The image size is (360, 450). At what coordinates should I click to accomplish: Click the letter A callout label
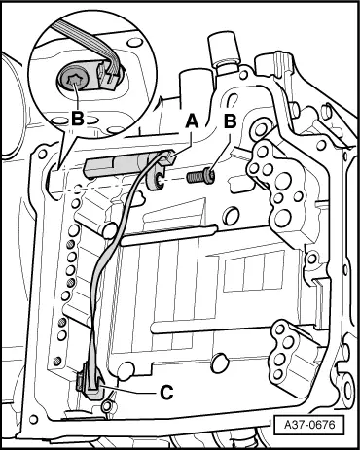(x=192, y=122)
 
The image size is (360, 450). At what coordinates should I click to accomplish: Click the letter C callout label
(x=167, y=393)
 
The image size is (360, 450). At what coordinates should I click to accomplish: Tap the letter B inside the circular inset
(x=78, y=119)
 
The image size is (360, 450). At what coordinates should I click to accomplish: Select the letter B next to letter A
(x=230, y=122)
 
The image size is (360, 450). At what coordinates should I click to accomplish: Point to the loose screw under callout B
(x=200, y=177)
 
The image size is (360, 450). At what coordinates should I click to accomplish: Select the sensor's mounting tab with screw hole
(x=156, y=178)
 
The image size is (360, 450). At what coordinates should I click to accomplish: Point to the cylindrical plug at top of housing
(x=225, y=49)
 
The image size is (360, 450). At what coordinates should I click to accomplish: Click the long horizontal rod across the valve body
(x=168, y=235)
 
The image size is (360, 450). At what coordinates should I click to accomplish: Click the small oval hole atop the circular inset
(x=134, y=42)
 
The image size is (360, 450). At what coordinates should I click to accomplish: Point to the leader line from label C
(x=131, y=390)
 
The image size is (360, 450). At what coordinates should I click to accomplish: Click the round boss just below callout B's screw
(x=232, y=216)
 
